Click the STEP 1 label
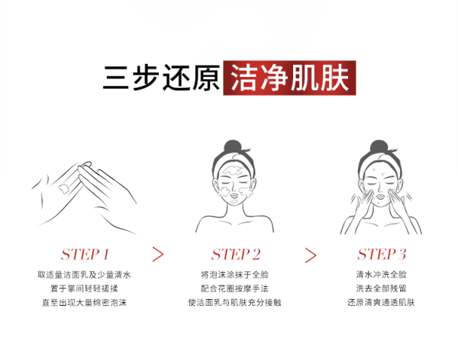85,254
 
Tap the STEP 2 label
236,254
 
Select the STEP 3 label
382,254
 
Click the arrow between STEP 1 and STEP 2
158,254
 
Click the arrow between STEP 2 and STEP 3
311,256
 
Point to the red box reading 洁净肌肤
289,78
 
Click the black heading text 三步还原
162,78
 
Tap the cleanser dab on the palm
64,188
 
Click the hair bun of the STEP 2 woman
233,147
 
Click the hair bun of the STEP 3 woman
379,147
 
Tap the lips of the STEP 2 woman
234,195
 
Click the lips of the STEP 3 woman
380,195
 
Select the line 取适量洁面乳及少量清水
84,275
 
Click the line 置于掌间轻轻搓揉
84,288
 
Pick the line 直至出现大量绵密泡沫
84,303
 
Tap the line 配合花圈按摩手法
234,288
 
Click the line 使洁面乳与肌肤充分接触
234,303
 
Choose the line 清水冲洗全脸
381,275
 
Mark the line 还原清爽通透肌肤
381,303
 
